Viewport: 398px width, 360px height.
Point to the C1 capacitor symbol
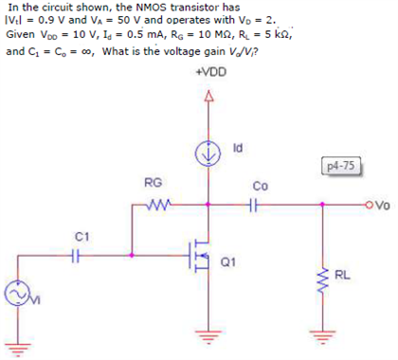(79, 254)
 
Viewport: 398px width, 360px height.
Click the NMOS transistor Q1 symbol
(201, 255)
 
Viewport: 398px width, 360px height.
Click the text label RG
(152, 182)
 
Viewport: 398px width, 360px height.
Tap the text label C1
(82, 234)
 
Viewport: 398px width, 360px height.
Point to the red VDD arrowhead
(208, 96)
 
